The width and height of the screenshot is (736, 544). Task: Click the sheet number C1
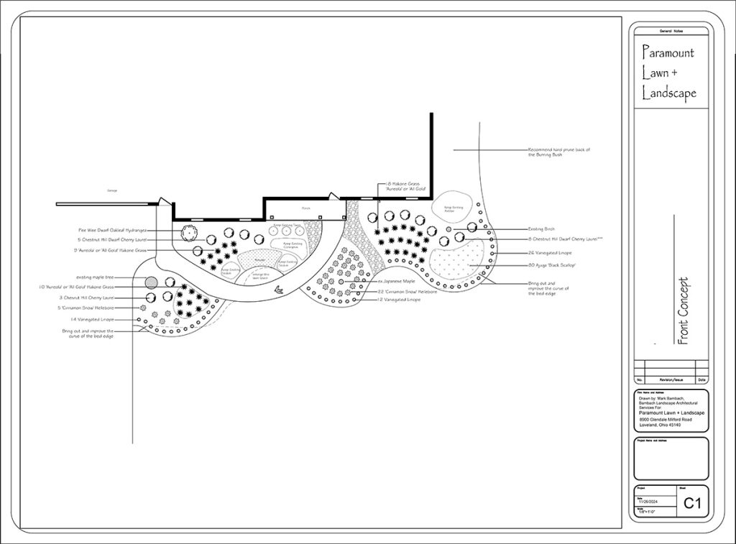691,503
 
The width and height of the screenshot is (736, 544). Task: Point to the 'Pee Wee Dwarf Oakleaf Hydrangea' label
113,230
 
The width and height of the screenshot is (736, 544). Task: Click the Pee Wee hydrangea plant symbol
188,233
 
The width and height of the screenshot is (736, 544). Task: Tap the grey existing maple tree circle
151,282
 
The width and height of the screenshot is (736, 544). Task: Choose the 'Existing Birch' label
540,229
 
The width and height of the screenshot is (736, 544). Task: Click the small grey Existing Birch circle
449,229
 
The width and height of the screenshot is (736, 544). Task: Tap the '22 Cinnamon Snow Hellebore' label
406,291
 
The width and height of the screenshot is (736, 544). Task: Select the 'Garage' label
111,190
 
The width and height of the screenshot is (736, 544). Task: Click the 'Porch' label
305,210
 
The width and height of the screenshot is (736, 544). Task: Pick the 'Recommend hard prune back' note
558,152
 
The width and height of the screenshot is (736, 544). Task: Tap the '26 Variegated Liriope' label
549,253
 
